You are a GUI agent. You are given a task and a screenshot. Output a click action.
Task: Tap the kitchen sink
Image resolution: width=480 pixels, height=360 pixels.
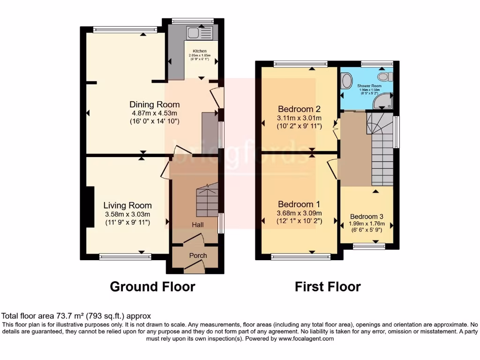coord(199,32)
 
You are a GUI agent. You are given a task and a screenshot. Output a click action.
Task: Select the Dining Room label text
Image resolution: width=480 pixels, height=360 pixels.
coord(154,105)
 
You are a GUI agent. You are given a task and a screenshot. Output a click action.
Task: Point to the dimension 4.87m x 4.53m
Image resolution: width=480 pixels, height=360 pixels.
coord(154,113)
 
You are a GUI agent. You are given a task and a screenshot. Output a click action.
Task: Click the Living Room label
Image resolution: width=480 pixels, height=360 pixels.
coord(127,205)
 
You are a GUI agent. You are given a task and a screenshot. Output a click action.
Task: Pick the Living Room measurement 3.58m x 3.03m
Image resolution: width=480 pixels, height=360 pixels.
coord(127,214)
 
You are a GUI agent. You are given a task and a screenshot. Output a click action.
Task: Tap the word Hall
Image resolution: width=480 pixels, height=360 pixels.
coord(197,225)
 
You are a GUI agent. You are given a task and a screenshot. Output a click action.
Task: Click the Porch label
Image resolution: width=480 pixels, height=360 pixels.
coord(198,255)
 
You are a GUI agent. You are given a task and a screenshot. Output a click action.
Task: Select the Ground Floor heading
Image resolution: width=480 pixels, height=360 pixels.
coord(152,286)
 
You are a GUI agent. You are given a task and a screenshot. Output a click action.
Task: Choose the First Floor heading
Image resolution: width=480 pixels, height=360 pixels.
coord(328,286)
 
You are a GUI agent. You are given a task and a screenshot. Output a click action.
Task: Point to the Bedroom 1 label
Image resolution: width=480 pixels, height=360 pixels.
coord(299,204)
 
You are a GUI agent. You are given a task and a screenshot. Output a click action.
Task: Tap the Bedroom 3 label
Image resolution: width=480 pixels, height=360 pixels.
coord(367,217)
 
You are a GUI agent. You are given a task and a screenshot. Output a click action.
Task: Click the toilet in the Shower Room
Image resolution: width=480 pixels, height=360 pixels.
coord(385,76)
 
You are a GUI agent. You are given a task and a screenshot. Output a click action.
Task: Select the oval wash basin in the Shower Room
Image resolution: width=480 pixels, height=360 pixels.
coord(346,81)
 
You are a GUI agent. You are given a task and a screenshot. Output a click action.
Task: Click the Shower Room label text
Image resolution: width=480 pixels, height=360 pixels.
coord(369,86)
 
